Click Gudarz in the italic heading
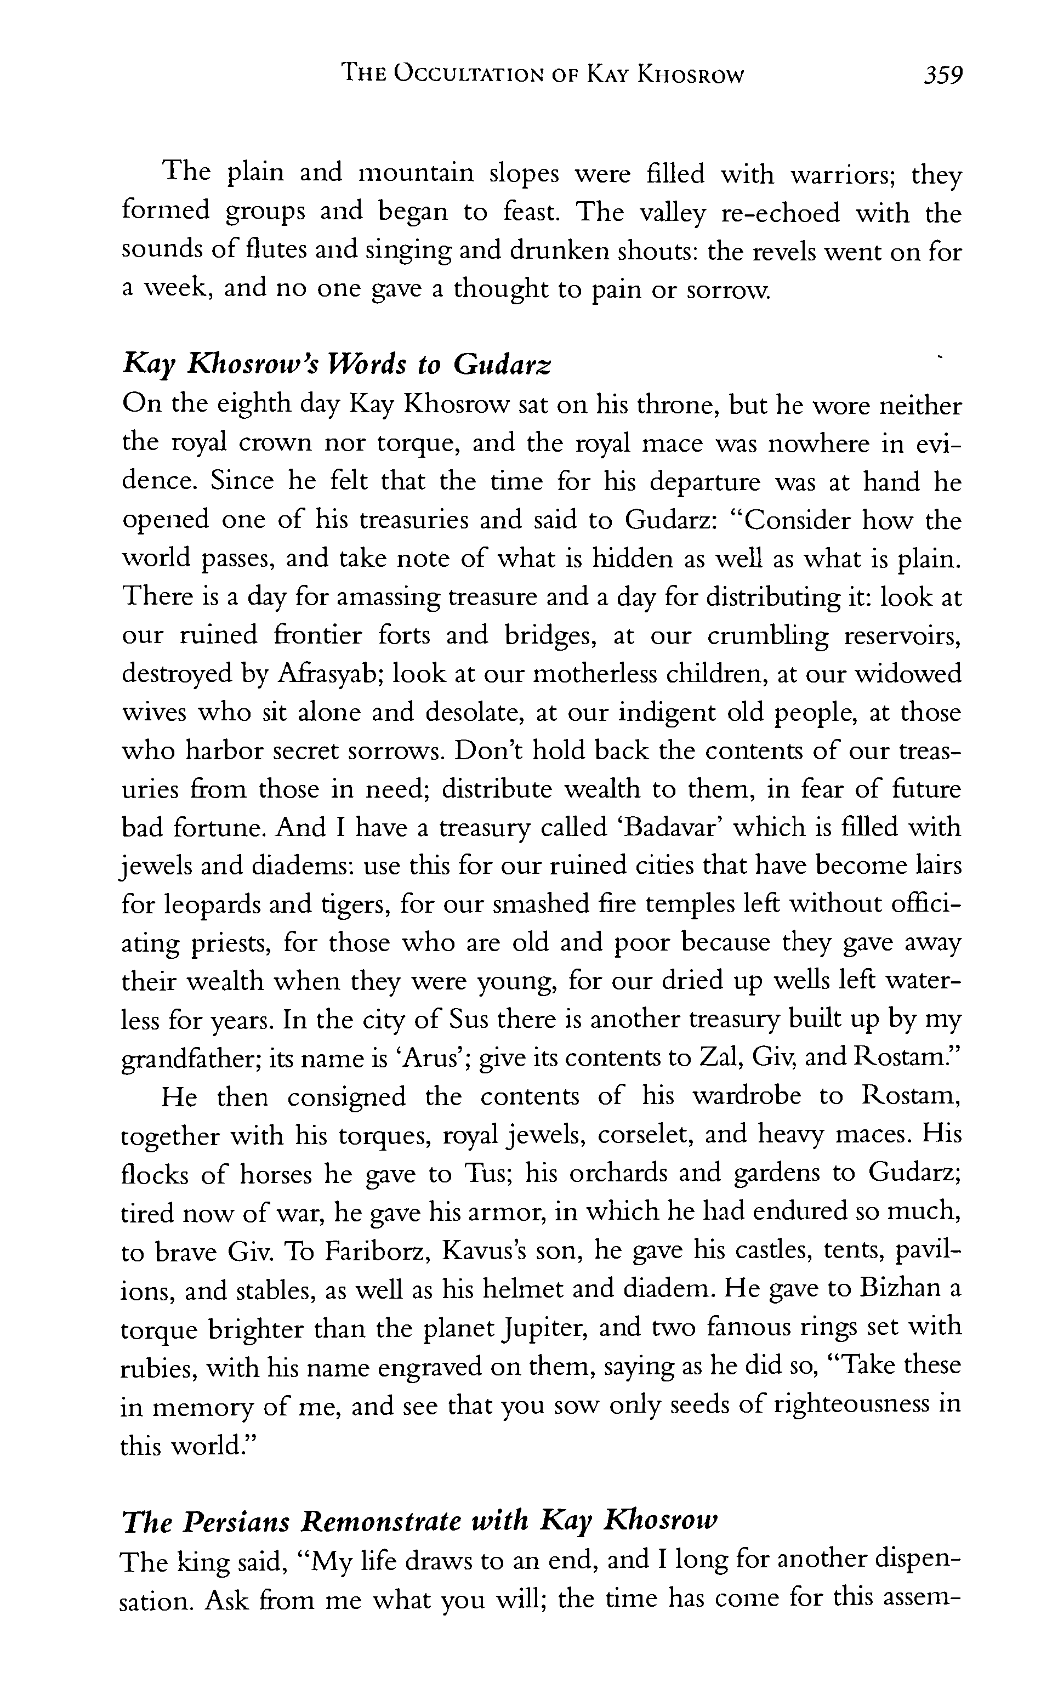click(x=502, y=364)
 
